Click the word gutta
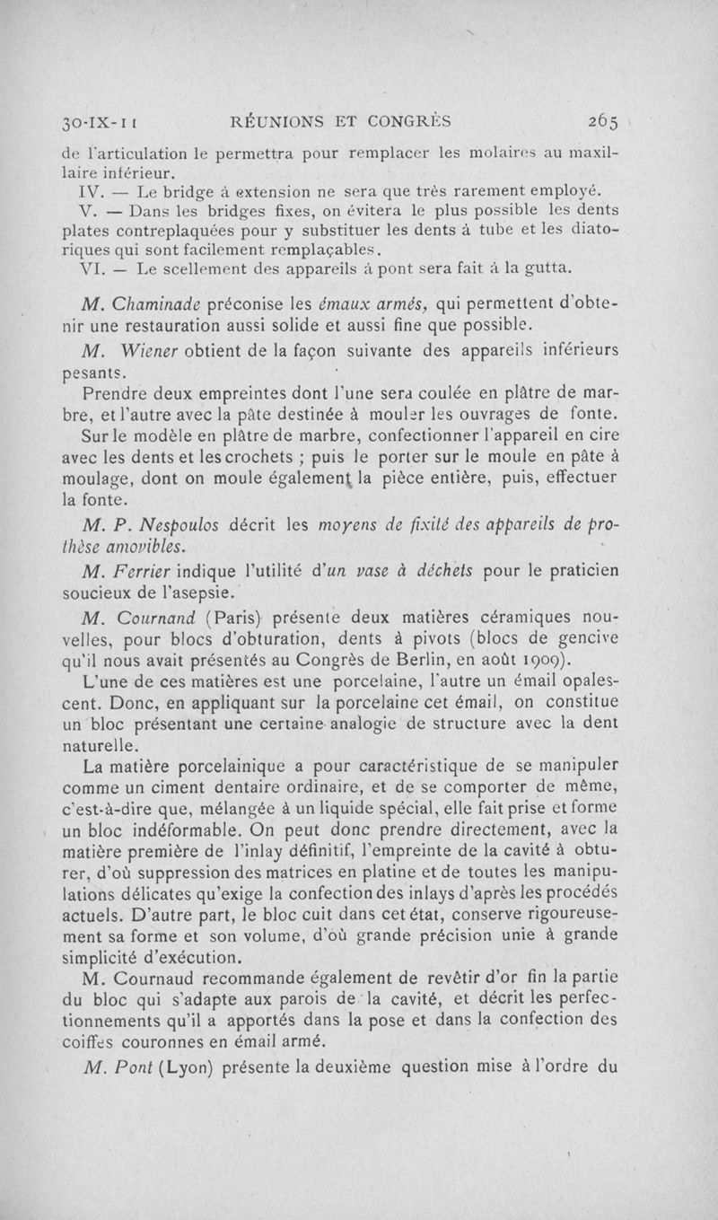[x=549, y=268]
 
